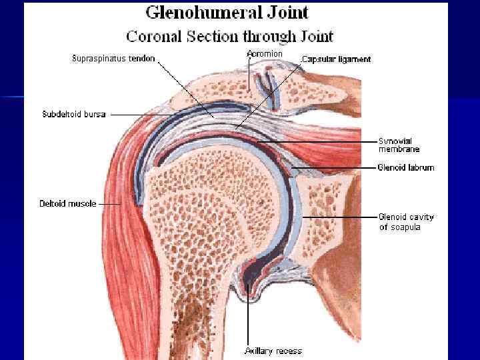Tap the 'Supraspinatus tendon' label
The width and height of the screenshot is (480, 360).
[113, 59]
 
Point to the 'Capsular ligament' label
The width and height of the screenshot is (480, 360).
[337, 59]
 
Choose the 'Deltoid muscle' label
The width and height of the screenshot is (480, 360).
[67, 203]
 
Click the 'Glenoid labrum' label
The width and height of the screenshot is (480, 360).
[406, 167]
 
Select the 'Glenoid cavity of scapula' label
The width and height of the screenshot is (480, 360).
[406, 222]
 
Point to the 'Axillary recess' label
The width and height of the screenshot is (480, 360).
[273, 351]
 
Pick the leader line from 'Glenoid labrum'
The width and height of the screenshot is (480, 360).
[333, 167]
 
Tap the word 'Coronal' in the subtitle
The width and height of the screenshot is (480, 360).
[152, 35]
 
